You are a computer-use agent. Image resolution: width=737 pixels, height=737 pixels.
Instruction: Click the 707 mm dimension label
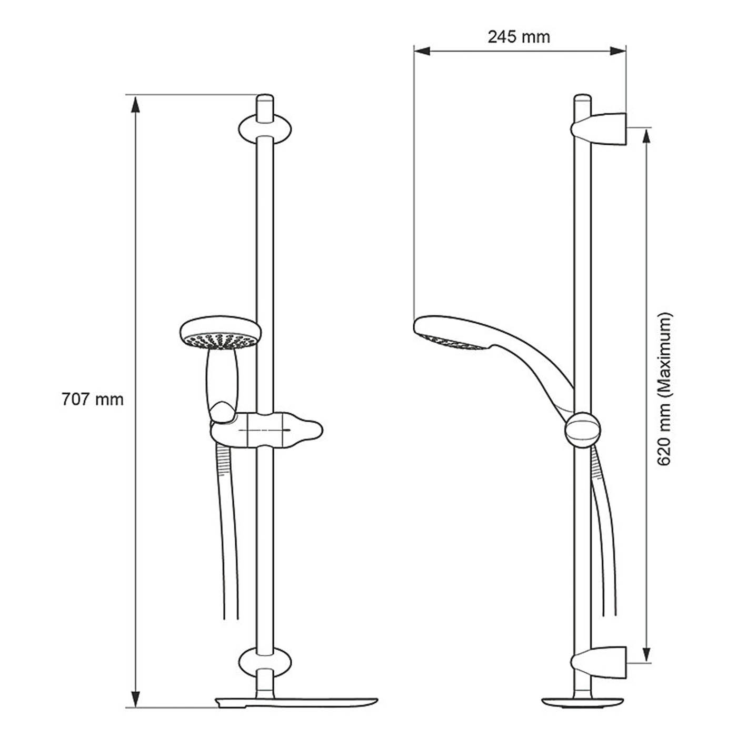click(x=93, y=400)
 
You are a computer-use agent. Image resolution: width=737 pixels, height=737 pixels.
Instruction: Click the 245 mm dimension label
click(x=519, y=37)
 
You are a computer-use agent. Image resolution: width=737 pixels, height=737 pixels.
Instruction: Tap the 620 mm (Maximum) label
click(x=664, y=389)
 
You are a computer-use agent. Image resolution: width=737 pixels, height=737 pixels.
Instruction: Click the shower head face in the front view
click(x=220, y=341)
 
